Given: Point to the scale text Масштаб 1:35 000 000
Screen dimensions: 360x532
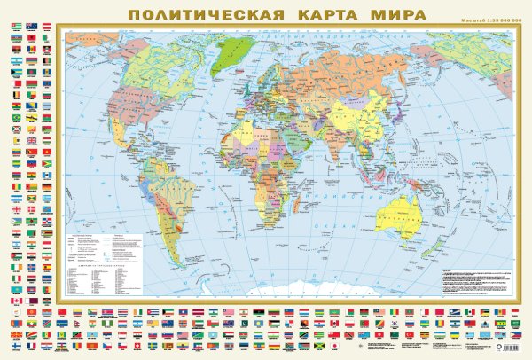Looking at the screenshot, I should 485,20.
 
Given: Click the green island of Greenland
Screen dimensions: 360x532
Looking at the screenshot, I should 233,53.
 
